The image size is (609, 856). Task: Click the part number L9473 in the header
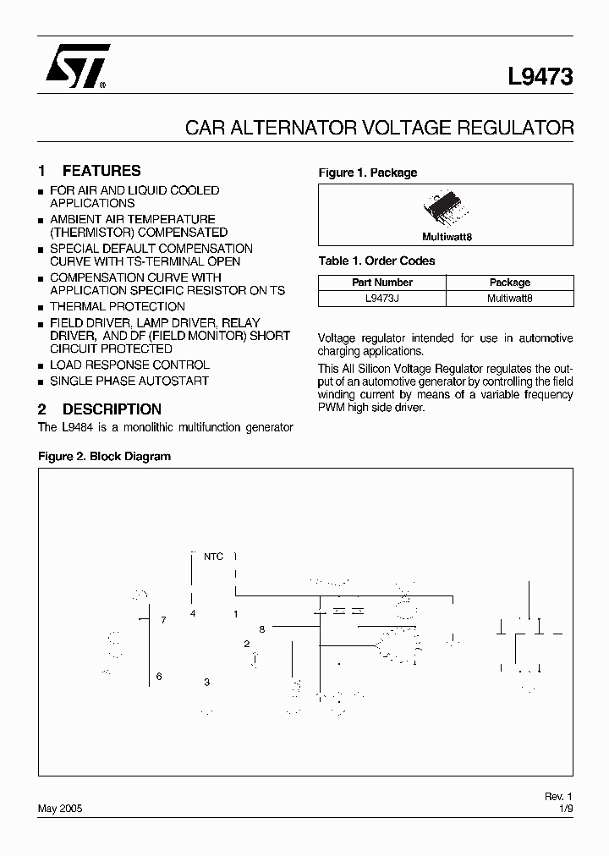pos(540,77)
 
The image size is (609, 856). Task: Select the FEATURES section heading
pos(101,171)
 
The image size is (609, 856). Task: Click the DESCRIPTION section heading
pos(112,409)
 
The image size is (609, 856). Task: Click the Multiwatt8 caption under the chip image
pos(447,237)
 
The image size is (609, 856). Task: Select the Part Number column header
pos(382,283)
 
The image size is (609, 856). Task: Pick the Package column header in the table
pos(510,283)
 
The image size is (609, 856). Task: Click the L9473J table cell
pos(382,298)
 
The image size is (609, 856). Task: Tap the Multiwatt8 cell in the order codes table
pos(510,298)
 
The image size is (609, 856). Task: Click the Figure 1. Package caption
pos(368,173)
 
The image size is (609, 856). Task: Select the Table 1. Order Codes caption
pos(376,261)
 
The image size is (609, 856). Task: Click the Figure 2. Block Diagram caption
pos(105,456)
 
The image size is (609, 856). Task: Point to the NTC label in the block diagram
pos(213,557)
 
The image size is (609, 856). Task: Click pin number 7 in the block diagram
pos(163,620)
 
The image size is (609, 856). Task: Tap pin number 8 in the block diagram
pos(262,629)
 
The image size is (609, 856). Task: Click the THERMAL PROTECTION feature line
pos(118,306)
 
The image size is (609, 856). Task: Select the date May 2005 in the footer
pos(61,809)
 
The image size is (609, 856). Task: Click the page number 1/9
pos(565,809)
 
